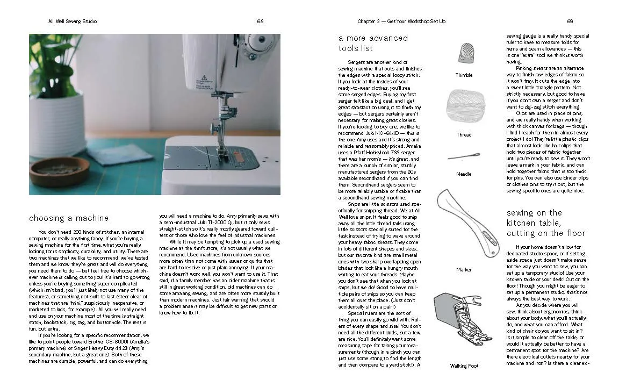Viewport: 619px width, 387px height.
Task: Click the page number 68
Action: tap(260, 21)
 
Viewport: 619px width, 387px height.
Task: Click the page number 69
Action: tap(570, 21)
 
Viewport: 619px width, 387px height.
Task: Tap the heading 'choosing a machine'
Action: tap(68, 218)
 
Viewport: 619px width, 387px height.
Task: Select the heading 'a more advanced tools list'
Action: tap(373, 43)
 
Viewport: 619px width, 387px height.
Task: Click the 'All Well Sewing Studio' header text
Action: tap(73, 21)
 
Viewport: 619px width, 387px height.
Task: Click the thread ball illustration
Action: tap(464, 105)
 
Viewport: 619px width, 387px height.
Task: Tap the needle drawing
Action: tap(464, 156)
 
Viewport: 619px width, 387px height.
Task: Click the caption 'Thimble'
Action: tap(464, 75)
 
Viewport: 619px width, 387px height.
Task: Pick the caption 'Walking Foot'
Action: tap(464, 366)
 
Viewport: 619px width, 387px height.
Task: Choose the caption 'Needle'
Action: tap(464, 174)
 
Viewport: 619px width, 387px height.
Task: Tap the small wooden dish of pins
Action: tap(52, 170)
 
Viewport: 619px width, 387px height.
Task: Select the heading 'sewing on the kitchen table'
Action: tap(545, 223)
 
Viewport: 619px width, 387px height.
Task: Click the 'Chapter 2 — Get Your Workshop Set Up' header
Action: tap(401, 21)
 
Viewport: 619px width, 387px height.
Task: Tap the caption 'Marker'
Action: tap(464, 270)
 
